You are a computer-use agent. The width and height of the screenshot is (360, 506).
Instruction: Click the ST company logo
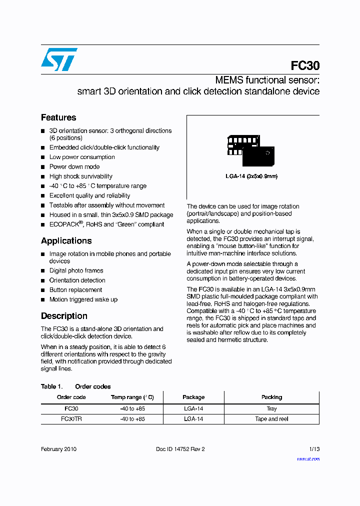pos(59,59)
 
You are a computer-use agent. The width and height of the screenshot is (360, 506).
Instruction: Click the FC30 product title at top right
pos(305,66)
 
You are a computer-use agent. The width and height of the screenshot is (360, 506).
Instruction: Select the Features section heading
pos(58,117)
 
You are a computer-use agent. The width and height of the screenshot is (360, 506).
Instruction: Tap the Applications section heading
pos(66,240)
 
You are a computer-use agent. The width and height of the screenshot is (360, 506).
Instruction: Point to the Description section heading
pos(64,316)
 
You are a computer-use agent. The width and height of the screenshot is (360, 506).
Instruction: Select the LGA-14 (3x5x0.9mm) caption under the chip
pos(251,176)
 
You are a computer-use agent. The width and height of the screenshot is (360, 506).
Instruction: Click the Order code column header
pos(71,397)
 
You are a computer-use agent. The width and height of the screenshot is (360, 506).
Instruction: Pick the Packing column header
pos(271,397)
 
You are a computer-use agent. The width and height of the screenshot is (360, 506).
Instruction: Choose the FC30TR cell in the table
pos(71,419)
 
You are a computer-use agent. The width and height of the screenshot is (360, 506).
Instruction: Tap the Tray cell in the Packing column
pos(271,408)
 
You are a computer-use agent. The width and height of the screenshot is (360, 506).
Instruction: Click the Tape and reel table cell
pos(271,419)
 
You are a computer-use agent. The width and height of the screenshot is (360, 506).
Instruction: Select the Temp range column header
pos(132,397)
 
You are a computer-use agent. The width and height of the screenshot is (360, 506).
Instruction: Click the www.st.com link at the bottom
pos(308,459)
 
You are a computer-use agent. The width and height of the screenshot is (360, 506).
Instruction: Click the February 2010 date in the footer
pos(58,449)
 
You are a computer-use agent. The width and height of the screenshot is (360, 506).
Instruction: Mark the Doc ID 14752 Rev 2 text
pos(180,449)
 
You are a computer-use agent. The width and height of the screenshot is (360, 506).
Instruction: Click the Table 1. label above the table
pos(51,386)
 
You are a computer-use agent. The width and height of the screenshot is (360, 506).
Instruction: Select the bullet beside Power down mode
pos(43,167)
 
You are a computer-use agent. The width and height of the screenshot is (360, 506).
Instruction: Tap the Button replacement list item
pos(75,290)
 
